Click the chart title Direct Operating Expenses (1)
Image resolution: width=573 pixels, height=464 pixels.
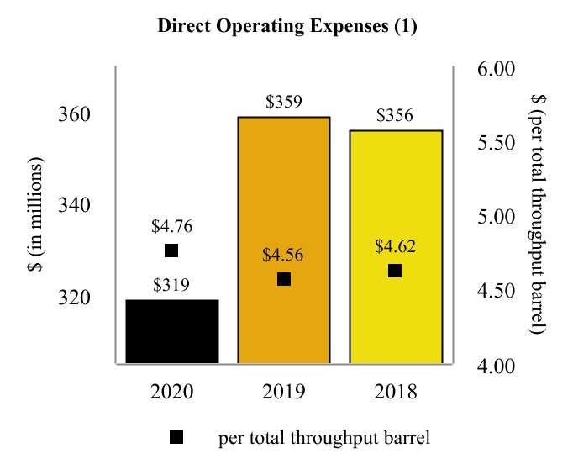(287, 26)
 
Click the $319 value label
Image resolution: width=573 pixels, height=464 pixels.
(171, 285)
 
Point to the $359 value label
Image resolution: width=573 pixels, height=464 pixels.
(283, 103)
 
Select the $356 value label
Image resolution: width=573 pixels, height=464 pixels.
(395, 116)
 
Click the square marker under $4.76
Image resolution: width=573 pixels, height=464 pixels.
(171, 250)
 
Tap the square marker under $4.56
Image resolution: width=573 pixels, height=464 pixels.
(284, 279)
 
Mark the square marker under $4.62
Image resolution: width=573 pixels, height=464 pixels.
(395, 271)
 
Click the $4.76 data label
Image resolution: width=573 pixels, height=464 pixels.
(171, 226)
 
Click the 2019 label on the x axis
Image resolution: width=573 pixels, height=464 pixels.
(283, 392)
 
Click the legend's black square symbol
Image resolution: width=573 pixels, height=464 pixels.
(176, 437)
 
